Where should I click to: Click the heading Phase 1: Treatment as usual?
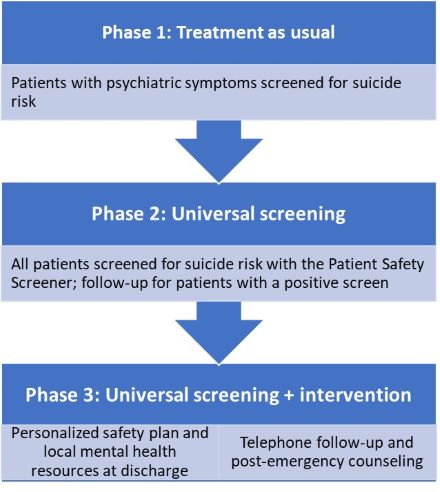click(218, 32)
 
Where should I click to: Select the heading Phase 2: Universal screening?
click(218, 214)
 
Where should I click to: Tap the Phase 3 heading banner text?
click(218, 396)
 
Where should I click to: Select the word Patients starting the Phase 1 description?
click(41, 84)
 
